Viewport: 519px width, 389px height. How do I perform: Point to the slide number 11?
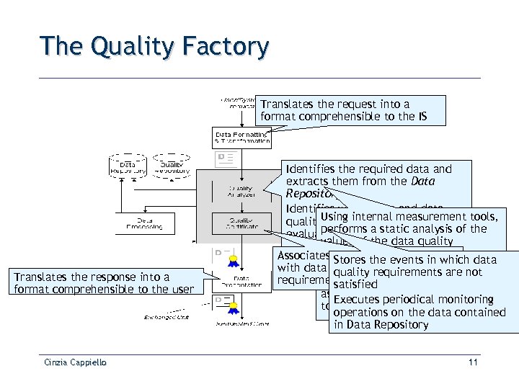coord(473,362)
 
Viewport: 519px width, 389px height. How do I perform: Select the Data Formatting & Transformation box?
coord(241,138)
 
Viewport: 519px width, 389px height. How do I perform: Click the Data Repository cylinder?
coord(128,166)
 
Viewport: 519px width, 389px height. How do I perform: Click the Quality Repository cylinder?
coord(171,166)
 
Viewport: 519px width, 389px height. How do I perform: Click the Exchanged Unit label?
coord(167,316)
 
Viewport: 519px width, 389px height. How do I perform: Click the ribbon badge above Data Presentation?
coord(234,260)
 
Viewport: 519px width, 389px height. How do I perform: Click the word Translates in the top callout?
coord(286,104)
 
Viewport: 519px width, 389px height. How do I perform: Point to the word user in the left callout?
coord(182,290)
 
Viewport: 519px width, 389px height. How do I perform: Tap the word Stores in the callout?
coord(350,259)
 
